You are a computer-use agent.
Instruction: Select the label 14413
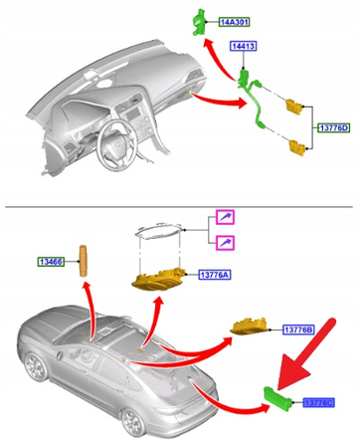244,47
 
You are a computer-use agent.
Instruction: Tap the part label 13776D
332,127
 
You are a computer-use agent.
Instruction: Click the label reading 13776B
297,330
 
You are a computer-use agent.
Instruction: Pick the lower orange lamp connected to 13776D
295,148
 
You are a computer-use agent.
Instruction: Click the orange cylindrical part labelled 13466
85,258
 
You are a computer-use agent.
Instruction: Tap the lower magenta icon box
227,243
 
